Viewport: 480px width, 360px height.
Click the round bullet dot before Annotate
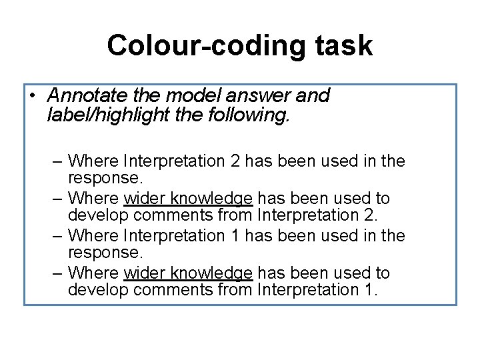tap(32, 96)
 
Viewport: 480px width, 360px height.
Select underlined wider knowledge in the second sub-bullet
tap(188, 199)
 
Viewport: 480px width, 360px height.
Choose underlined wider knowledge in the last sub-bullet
tap(188, 273)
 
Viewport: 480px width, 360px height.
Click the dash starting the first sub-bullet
tap(57, 161)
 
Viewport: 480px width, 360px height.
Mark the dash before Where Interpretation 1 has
tap(57, 236)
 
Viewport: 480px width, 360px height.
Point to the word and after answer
tap(312, 96)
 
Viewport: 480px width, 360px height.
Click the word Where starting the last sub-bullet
tap(93, 273)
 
